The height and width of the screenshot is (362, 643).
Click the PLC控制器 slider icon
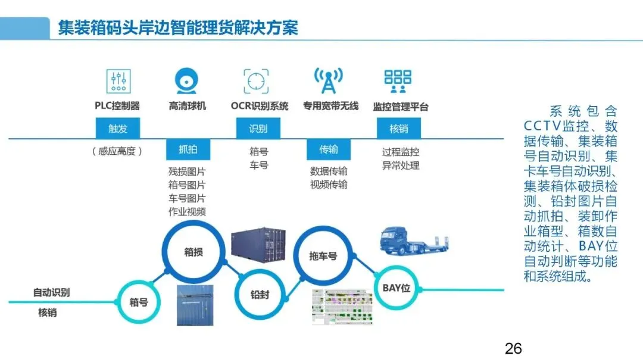[x=118, y=81]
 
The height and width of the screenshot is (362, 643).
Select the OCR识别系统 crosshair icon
[x=256, y=81]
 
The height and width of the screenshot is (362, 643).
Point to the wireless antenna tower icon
[x=328, y=81]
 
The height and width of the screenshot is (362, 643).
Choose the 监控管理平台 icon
[x=398, y=81]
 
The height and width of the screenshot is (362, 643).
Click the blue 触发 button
[x=117, y=129]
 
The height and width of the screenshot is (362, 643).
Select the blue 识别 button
[x=258, y=129]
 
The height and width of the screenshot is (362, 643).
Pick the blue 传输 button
[x=328, y=149]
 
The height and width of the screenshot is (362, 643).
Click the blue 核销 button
[x=398, y=129]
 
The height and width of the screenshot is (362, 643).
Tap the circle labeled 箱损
[x=193, y=252]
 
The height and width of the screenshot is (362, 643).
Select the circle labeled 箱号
[x=139, y=302]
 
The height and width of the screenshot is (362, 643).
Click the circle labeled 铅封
[x=260, y=294]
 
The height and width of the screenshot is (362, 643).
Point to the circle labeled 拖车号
[x=323, y=256]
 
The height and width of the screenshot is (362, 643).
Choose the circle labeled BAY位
[x=396, y=288]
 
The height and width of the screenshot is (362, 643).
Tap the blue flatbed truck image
[x=413, y=241]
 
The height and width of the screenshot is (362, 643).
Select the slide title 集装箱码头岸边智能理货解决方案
[x=177, y=27]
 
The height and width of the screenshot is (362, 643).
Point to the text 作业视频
[x=187, y=212]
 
